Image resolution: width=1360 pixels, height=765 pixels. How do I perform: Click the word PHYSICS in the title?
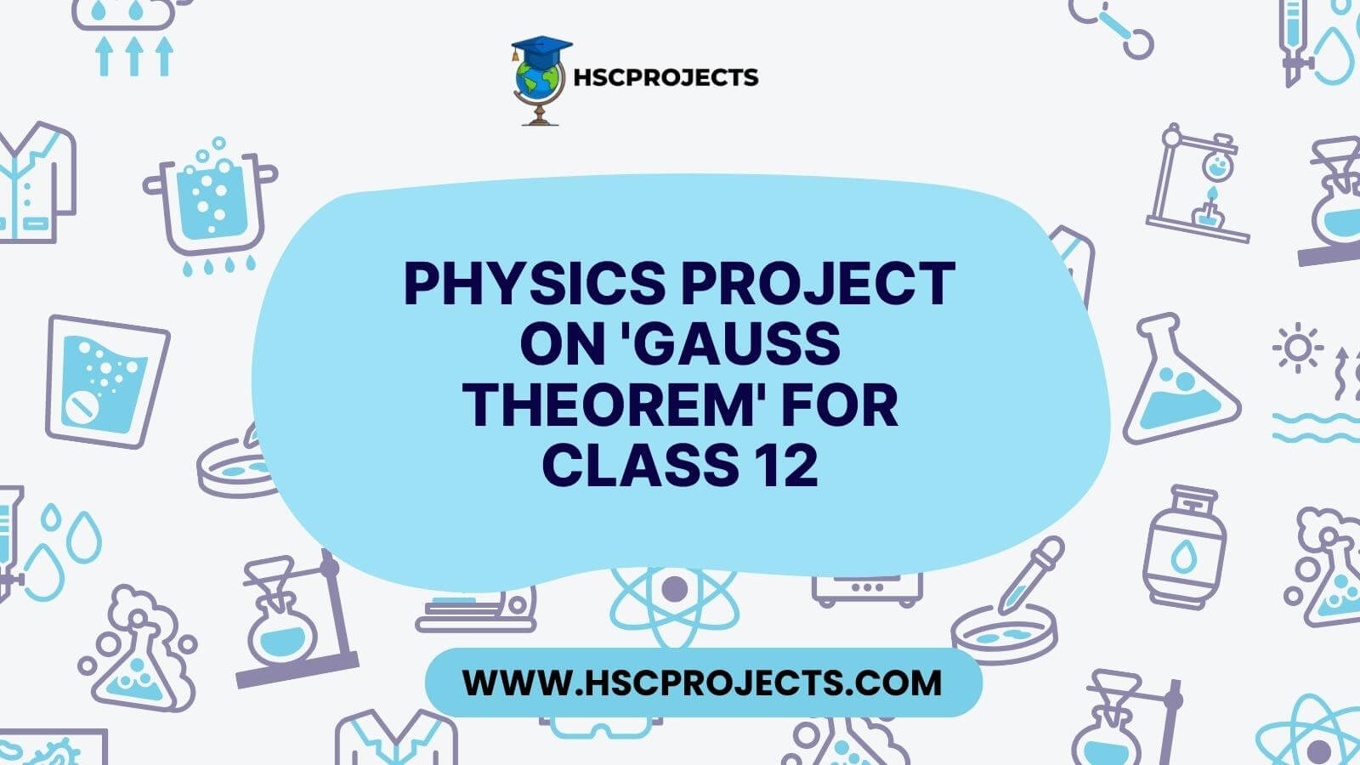coord(535,283)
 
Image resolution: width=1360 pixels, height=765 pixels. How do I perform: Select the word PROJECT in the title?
coord(818,283)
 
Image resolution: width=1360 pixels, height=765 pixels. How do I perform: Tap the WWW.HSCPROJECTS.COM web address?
coord(702,683)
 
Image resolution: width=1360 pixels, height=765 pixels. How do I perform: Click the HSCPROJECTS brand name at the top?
coord(666,77)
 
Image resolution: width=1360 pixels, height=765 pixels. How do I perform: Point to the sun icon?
coord(1298,348)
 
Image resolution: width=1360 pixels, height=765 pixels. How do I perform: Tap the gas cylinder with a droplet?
coord(1184,547)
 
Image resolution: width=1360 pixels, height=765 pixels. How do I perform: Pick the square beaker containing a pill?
coord(107,382)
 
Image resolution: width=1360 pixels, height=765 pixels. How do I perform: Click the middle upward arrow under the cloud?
coord(134,56)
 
